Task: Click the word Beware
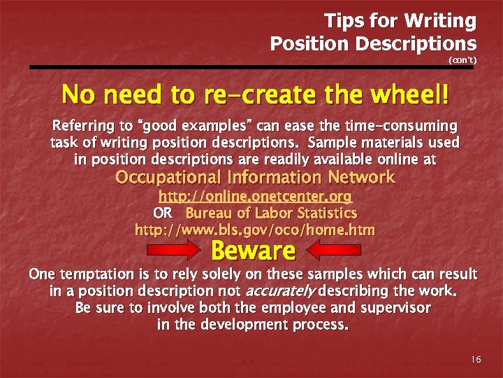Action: coord(253,250)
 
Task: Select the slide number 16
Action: coord(476,359)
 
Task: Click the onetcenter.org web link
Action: coord(255,197)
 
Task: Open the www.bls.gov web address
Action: coord(254,230)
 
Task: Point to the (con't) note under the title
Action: coord(462,60)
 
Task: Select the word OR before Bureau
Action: coord(162,213)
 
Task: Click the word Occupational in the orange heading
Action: coord(168,178)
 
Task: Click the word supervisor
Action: coord(393,307)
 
